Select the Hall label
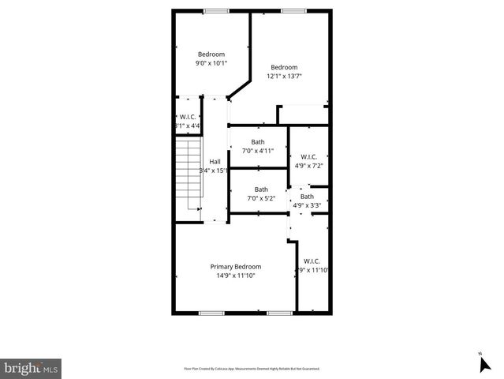[215, 162]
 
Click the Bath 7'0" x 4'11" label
[258, 142]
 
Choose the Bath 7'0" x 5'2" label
[260, 189]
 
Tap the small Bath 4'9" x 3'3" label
[307, 197]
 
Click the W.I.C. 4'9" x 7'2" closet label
[308, 156]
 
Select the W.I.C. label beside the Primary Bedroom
[312, 261]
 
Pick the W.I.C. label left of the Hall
[189, 118]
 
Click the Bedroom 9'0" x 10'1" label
[211, 54]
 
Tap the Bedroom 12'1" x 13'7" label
[284, 67]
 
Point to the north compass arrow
[484, 363]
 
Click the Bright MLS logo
[32, 367]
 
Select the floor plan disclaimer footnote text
[251, 369]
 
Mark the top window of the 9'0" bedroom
[215, 10]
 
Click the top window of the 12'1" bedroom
[293, 10]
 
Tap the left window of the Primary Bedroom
[211, 313]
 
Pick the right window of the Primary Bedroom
[279, 313]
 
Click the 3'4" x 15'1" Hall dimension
[215, 171]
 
